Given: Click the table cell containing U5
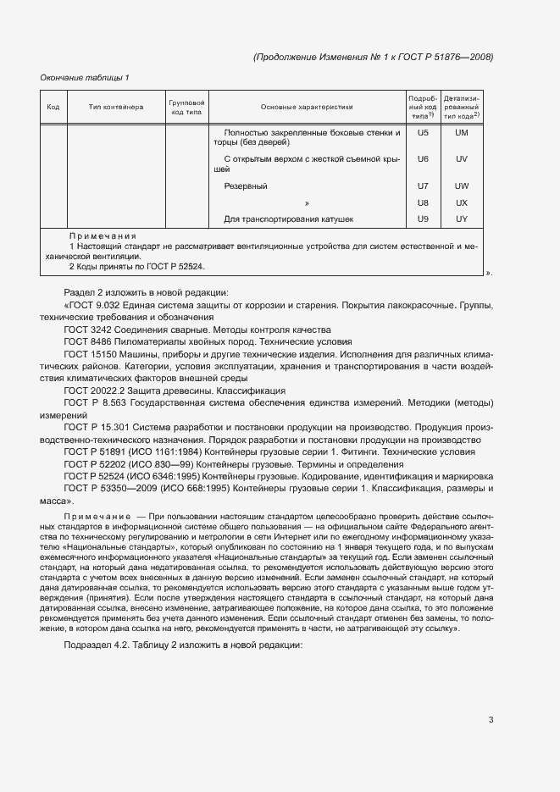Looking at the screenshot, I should pyautogui.click(x=424, y=133).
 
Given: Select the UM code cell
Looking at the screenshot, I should pyautogui.click(x=462, y=133).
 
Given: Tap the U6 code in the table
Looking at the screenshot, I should pyautogui.click(x=424, y=159).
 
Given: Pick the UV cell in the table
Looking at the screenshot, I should pyautogui.click(x=462, y=159).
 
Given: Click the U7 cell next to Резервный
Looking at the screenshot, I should pyautogui.click(x=424, y=186).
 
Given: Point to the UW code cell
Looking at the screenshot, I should pyautogui.click(x=462, y=186).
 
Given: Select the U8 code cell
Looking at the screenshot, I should pyautogui.click(x=424, y=203).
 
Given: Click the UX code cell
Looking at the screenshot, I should pyautogui.click(x=462, y=203).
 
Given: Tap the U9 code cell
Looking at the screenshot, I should pyautogui.click(x=424, y=219).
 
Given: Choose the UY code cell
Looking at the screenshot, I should pyautogui.click(x=462, y=219).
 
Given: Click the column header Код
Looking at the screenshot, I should pyautogui.click(x=53, y=108).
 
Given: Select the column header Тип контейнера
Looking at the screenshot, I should pyautogui.click(x=116, y=108).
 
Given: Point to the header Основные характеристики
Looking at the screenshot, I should pyautogui.click(x=307, y=108).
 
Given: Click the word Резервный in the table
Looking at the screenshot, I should pyautogui.click(x=246, y=186).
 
